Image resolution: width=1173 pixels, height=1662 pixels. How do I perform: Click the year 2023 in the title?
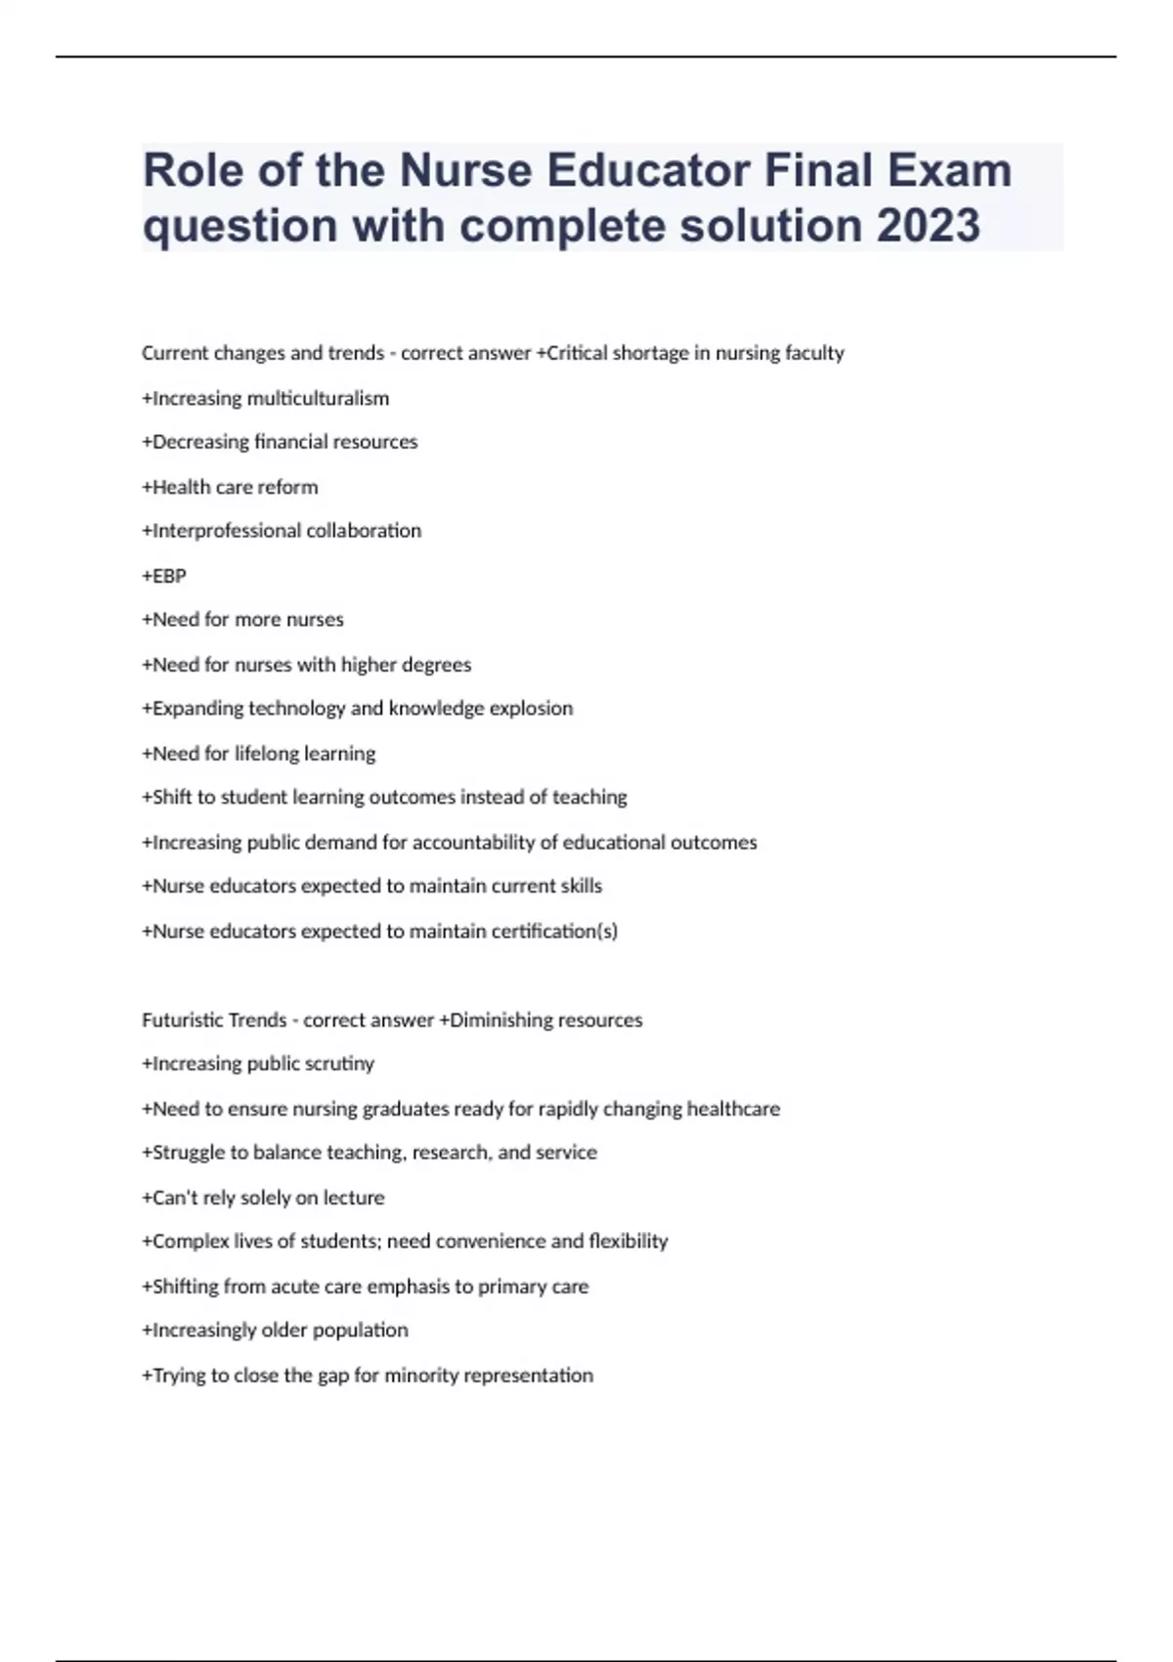928,225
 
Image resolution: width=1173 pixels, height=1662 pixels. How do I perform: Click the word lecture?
354,1198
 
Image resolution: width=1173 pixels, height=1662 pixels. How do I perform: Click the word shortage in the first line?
650,353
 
